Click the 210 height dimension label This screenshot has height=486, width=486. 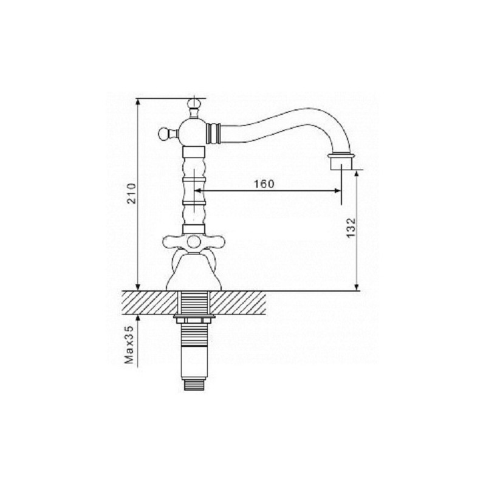coord(132,193)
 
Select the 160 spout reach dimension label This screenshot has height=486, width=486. coord(264,184)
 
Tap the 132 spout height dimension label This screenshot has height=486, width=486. coord(350,227)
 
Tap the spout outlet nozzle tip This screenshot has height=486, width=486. coord(341,162)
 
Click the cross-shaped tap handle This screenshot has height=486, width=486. coord(194,242)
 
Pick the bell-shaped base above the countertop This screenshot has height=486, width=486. coord(194,270)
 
